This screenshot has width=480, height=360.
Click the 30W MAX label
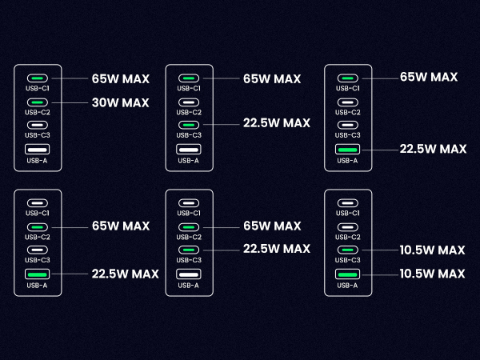121,102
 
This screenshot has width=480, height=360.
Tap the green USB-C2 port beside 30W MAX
37,102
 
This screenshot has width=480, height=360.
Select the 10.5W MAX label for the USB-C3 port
433,250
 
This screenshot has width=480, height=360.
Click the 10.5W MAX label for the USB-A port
433,274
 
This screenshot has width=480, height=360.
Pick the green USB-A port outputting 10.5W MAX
347,274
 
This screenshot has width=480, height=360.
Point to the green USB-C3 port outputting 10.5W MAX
347,250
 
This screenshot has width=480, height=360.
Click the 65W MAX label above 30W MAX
121,79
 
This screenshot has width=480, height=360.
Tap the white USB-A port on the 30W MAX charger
37,150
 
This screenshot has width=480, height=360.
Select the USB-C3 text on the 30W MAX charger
37,135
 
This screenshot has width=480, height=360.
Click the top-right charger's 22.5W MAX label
433,149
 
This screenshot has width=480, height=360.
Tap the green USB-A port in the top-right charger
347,150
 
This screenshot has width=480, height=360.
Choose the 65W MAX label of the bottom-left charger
121,226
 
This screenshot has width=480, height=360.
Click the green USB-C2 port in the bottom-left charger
37,226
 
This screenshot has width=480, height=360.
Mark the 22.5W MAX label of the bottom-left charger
125,274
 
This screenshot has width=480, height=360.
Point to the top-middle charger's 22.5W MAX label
276,123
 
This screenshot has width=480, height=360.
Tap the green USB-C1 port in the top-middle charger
189,78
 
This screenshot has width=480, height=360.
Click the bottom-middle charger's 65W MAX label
271,226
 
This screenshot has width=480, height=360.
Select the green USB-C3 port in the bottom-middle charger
189,250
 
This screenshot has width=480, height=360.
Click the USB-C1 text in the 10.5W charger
347,214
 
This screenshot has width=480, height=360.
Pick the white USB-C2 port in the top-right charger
347,102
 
